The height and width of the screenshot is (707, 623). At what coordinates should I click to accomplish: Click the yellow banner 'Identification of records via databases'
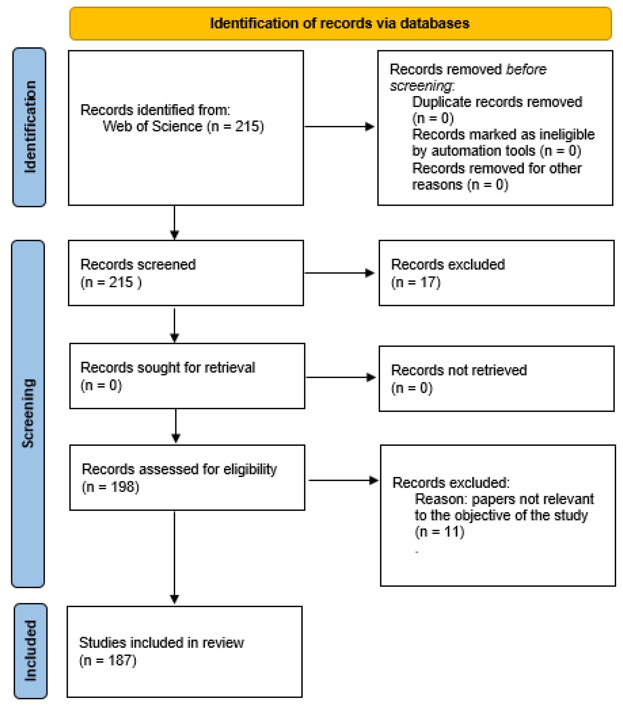(x=340, y=23)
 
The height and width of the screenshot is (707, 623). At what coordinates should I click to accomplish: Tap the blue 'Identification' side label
(x=29, y=127)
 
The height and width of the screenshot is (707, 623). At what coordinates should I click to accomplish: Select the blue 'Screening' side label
(x=28, y=413)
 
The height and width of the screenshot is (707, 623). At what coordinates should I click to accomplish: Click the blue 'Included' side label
(x=30, y=651)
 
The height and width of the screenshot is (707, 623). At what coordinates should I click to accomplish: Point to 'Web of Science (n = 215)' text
(x=183, y=126)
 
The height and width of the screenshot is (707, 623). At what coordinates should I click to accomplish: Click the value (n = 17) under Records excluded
(x=416, y=283)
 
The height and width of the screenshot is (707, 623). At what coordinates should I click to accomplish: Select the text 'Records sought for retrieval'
(x=168, y=367)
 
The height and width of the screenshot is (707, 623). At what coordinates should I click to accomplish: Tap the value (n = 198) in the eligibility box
(x=110, y=487)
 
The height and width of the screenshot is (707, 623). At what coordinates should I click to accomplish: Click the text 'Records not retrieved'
(x=459, y=370)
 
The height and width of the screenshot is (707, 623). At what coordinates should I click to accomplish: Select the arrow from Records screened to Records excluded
(x=339, y=273)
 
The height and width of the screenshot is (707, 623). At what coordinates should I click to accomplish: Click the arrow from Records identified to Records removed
(x=339, y=126)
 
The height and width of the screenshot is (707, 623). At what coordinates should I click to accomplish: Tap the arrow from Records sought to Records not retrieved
(x=341, y=377)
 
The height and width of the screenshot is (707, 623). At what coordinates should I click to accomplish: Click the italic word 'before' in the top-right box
(x=526, y=70)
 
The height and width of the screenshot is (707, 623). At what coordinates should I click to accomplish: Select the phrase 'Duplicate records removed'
(x=497, y=102)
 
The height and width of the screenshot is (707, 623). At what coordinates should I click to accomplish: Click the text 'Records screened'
(x=138, y=265)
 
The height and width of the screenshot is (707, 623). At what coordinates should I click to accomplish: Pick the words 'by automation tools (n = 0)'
(x=496, y=151)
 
